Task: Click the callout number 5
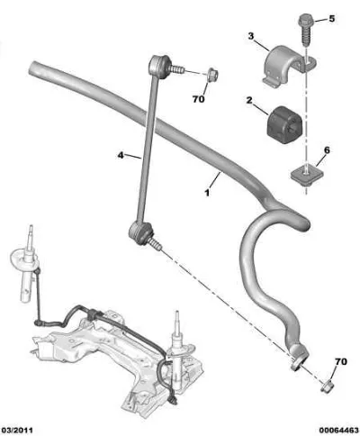331,19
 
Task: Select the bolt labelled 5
305,30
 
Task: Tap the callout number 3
251,36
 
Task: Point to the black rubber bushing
284,124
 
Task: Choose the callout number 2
249,100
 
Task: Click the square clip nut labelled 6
306,177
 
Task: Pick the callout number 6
327,150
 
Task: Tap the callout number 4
121,155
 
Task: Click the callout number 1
207,193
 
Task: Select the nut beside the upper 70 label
212,74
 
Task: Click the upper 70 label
198,99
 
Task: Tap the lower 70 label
341,361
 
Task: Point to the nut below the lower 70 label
327,386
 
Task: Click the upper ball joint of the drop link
159,67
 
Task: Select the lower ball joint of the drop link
139,233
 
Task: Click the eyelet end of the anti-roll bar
299,358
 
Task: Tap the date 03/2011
17,431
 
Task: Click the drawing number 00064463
338,431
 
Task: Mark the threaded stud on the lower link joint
156,243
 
